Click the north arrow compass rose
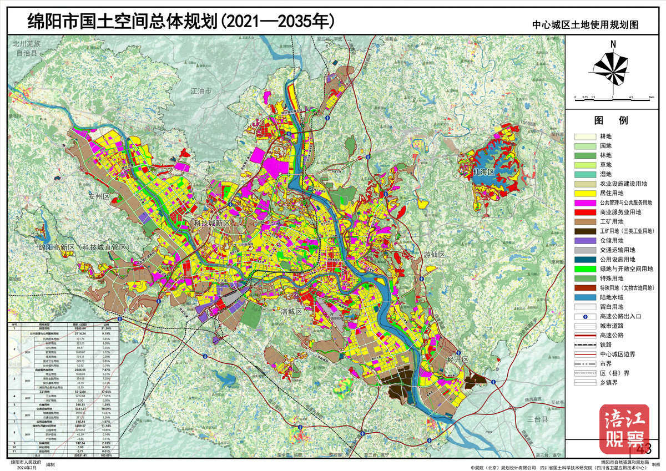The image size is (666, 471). [x=612, y=66]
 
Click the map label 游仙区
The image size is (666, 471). [x=435, y=255]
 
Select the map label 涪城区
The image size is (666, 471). [x=290, y=312]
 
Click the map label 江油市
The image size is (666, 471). [x=201, y=91]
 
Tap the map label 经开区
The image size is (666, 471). [x=458, y=360]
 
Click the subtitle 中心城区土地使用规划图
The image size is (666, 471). [x=586, y=25]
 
